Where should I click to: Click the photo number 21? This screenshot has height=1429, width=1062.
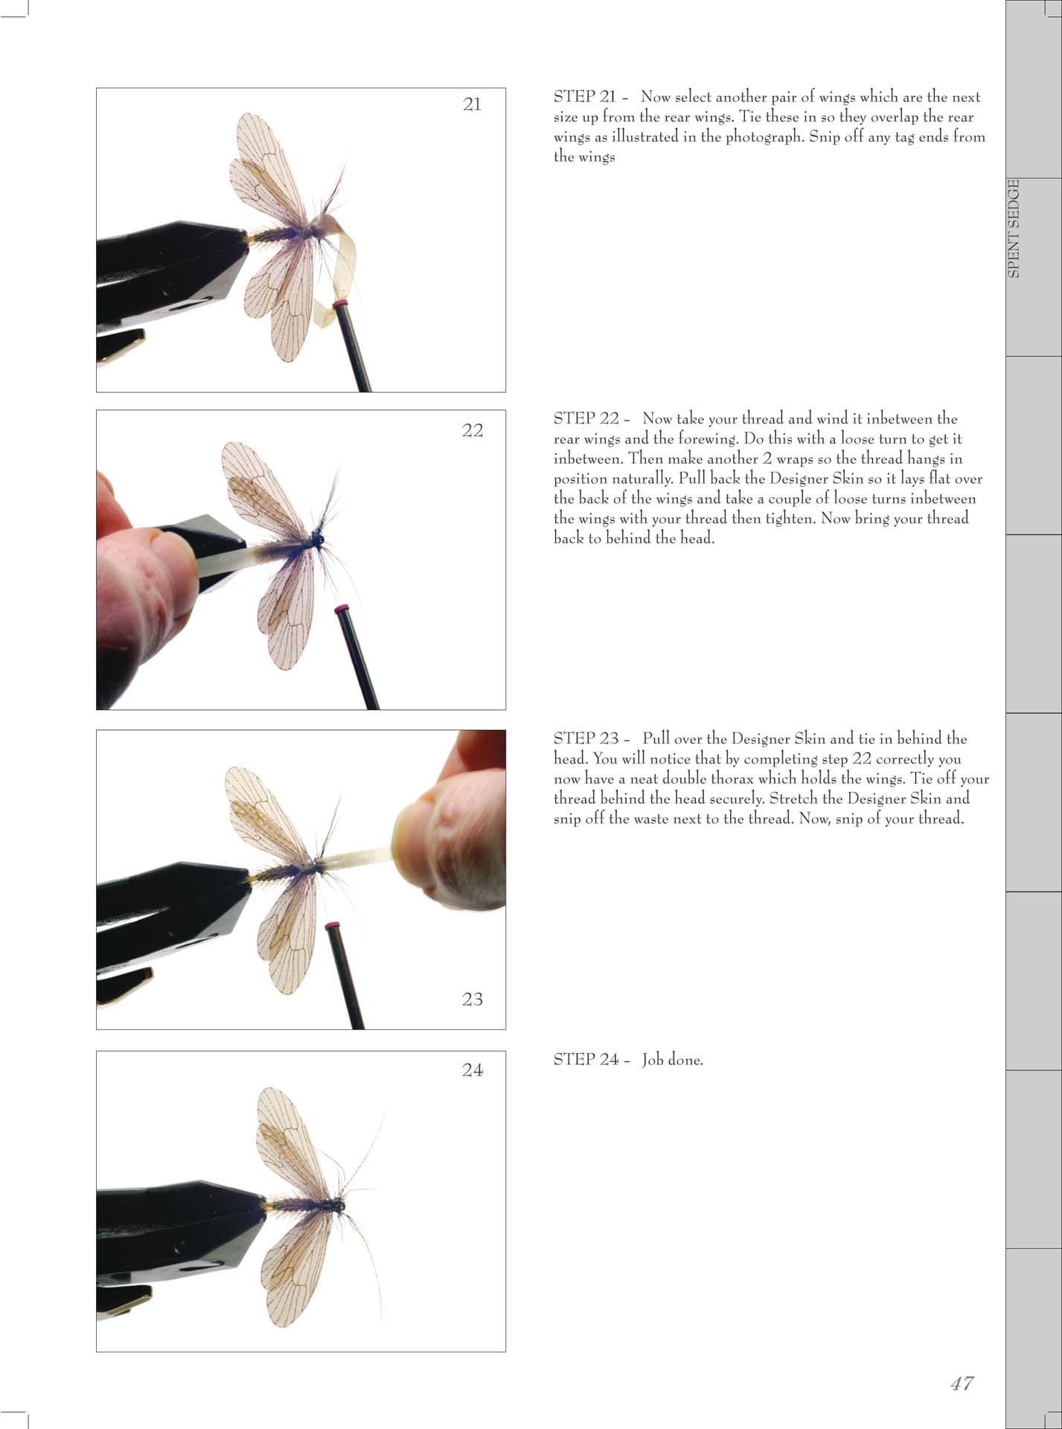[472, 104]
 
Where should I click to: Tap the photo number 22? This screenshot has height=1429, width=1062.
[473, 430]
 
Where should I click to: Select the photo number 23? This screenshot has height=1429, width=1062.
[473, 999]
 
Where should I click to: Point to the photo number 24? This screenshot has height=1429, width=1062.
[473, 1070]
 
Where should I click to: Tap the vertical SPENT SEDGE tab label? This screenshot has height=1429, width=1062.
[1013, 228]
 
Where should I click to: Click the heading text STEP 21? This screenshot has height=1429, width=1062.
[585, 97]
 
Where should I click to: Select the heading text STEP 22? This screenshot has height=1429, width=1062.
[586, 419]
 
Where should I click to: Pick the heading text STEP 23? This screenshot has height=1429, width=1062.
[586, 739]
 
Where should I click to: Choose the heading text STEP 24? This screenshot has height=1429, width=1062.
[586, 1060]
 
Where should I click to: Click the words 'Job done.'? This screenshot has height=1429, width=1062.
[673, 1060]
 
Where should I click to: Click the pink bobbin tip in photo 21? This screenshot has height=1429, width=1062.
[342, 305]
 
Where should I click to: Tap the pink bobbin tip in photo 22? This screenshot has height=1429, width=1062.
[342, 609]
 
